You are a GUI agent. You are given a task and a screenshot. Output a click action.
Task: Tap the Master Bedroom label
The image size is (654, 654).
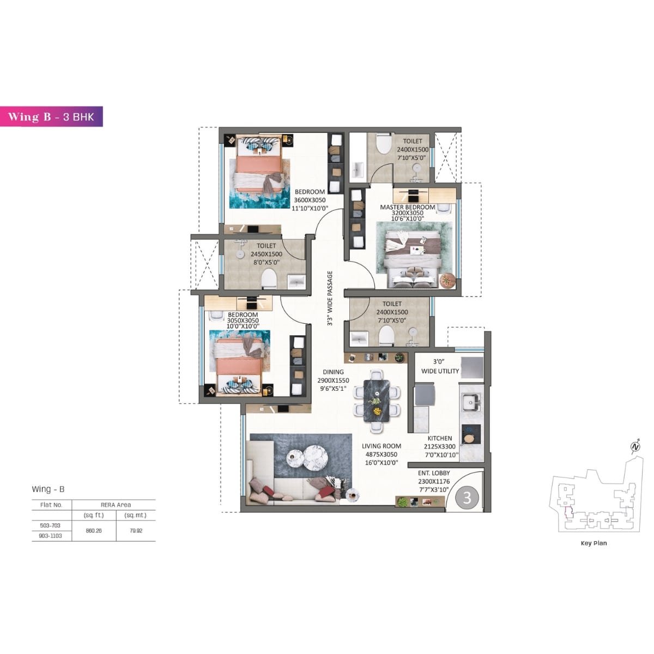pyautogui.click(x=407, y=207)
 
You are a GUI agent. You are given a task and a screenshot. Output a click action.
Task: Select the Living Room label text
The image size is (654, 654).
pyautogui.click(x=381, y=446)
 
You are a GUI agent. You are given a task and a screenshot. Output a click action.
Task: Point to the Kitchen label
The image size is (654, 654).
pyautogui.click(x=440, y=438)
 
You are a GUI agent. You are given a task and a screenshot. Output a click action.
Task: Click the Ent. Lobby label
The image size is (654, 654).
pyautogui.click(x=434, y=474)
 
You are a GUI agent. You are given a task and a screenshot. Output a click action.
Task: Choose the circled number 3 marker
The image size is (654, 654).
pyautogui.click(x=467, y=498)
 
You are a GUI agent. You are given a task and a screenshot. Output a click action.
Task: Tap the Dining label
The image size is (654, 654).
pyautogui.click(x=333, y=372)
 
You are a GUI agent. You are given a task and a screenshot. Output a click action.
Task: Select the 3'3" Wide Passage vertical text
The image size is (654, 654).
pyautogui.click(x=330, y=299)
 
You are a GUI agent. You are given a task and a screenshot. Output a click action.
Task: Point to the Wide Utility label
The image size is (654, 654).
pyautogui.click(x=440, y=371)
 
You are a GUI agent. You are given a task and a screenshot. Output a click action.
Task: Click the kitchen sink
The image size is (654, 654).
pyautogui.click(x=470, y=403)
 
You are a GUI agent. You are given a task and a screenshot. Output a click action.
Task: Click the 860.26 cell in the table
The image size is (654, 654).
pyautogui.click(x=94, y=530)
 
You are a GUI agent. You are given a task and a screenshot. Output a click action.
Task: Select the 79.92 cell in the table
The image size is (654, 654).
pyautogui.click(x=136, y=530)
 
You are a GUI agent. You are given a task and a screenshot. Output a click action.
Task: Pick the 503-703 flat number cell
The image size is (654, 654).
pyautogui.click(x=51, y=525)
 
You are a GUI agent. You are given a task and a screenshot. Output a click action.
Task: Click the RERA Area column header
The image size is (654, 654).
pyautogui.click(x=116, y=505)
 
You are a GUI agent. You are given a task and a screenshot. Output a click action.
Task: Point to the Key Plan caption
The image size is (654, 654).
pyautogui.click(x=594, y=543)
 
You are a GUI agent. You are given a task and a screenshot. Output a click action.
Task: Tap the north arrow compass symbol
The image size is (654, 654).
pyautogui.click(x=635, y=447)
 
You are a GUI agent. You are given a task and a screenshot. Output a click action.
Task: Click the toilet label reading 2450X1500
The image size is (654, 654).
pyautogui.click(x=266, y=254)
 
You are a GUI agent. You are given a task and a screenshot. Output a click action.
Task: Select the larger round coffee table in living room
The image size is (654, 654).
pyautogui.click(x=314, y=454)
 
